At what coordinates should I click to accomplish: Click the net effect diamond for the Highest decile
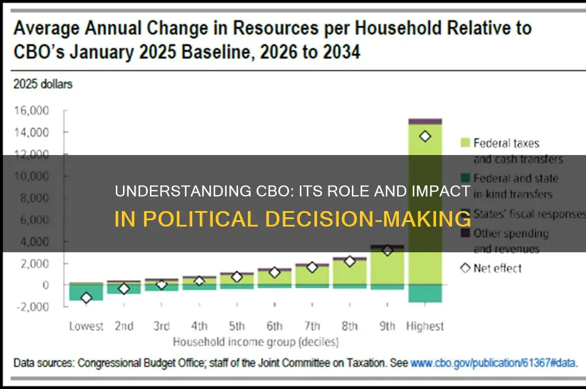coord(425,136)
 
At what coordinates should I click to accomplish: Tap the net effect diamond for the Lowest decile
coord(86,297)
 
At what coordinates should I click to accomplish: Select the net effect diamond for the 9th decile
coord(387,251)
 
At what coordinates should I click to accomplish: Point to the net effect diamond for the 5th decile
coord(236,277)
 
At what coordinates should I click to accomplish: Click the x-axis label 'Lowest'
coord(86,327)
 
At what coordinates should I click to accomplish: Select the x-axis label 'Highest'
coord(425,327)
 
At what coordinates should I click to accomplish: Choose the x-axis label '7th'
coord(312,327)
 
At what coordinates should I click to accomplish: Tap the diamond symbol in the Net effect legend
coord(464,267)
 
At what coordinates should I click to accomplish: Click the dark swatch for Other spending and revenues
coord(464,233)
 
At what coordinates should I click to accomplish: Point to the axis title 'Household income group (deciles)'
coord(255,343)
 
